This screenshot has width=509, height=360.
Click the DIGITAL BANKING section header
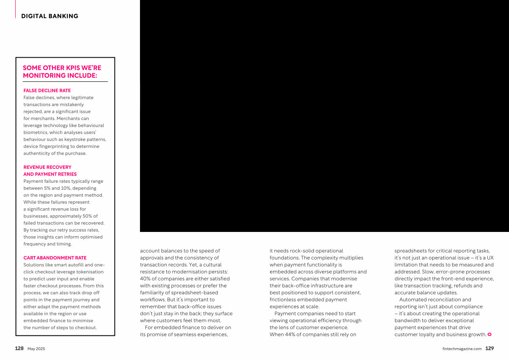50,16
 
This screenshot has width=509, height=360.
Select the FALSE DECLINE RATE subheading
47,90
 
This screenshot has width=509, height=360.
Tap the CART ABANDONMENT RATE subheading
55,258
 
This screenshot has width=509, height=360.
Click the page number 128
19,348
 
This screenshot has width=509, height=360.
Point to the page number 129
489,348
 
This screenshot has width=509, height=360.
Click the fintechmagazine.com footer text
461,349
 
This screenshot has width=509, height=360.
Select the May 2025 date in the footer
36,349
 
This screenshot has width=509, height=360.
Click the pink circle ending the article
489,335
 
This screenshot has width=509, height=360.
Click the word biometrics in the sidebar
36,132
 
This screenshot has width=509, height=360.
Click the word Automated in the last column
414,299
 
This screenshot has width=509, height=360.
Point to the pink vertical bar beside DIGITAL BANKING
15,9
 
